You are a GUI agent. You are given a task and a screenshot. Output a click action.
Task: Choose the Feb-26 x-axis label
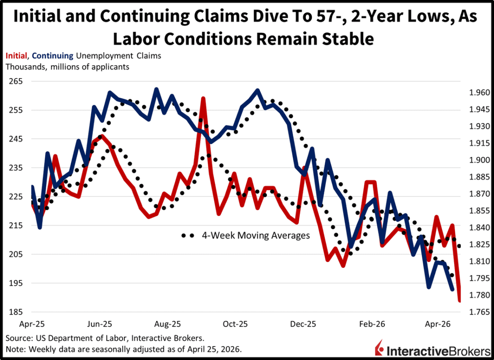click(x=371, y=324)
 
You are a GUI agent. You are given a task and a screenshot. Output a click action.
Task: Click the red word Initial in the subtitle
click(x=16, y=56)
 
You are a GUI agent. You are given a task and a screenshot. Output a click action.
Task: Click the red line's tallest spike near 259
click(x=203, y=98)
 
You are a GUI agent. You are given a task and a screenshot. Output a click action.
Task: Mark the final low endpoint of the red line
click(x=459, y=301)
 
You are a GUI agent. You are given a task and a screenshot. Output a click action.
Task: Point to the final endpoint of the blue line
click(x=452, y=290)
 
